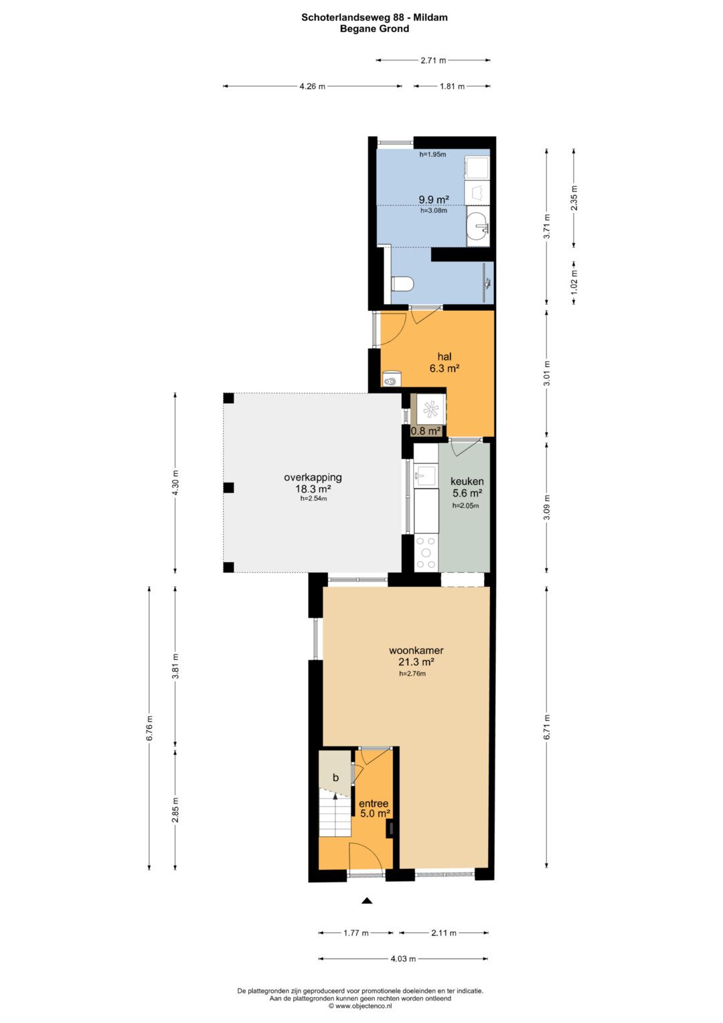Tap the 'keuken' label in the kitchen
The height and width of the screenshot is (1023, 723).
pyautogui.click(x=467, y=482)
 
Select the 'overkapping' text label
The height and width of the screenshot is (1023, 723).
pyautogui.click(x=313, y=477)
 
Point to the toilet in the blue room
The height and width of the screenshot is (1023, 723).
pyautogui.click(x=402, y=284)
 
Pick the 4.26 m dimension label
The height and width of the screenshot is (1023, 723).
pyautogui.click(x=312, y=86)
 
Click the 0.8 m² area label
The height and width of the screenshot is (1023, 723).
pyautogui.click(x=426, y=431)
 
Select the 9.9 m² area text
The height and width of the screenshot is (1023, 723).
pyautogui.click(x=434, y=200)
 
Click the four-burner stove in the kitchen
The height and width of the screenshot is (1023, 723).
pyautogui.click(x=426, y=553)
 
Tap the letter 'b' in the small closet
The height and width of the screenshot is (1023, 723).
pyautogui.click(x=335, y=777)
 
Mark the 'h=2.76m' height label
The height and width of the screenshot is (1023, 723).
pyautogui.click(x=412, y=673)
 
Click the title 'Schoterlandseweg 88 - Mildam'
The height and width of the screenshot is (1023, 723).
pyautogui.click(x=374, y=17)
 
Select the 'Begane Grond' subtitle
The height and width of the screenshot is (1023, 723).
pyautogui.click(x=374, y=29)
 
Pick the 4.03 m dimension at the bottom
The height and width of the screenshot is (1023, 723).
pyautogui.click(x=403, y=959)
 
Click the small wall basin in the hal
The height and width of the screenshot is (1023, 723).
pyautogui.click(x=391, y=379)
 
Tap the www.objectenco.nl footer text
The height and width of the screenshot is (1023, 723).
pyautogui.click(x=360, y=1005)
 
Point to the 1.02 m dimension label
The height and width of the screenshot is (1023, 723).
pyautogui.click(x=574, y=283)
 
